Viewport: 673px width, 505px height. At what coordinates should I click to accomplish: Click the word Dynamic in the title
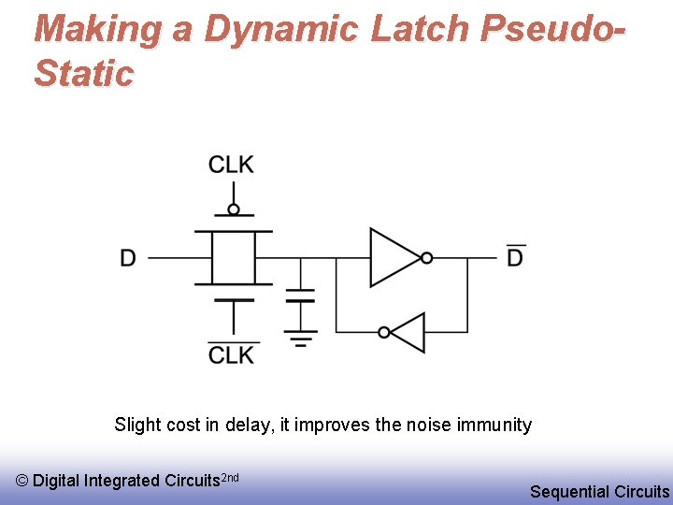pyautogui.click(x=279, y=30)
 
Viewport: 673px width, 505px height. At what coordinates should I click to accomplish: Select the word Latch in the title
pyautogui.click(x=420, y=30)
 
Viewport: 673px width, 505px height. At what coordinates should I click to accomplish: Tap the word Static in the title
pyautogui.click(x=84, y=74)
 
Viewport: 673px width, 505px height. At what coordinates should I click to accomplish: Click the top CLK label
pyautogui.click(x=231, y=166)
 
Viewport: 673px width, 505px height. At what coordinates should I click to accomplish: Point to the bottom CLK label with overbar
pyautogui.click(x=231, y=355)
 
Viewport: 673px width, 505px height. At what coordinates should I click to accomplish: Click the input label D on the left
pyautogui.click(x=128, y=258)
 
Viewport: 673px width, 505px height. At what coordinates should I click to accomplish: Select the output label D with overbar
pyautogui.click(x=515, y=257)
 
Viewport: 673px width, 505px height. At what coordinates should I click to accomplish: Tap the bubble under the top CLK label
pyautogui.click(x=234, y=209)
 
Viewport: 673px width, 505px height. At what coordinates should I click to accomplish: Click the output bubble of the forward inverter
pyautogui.click(x=426, y=257)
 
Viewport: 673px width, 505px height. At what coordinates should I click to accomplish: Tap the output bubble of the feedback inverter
pyautogui.click(x=384, y=332)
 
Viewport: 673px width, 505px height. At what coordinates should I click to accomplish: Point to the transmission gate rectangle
pyautogui.click(x=233, y=257)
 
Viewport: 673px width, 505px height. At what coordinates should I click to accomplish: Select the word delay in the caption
pyautogui.click(x=246, y=425)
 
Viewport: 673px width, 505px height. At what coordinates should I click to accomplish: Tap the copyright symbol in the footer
pyautogui.click(x=22, y=481)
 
